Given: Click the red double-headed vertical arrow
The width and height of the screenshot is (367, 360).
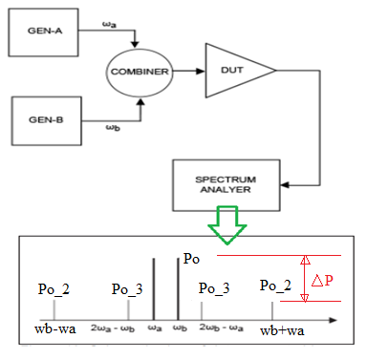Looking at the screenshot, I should pyautogui.click(x=305, y=279).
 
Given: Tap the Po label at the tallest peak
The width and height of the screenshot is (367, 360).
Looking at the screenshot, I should pyautogui.click(x=192, y=259).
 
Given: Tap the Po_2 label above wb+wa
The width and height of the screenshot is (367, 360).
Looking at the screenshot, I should pyautogui.click(x=278, y=286).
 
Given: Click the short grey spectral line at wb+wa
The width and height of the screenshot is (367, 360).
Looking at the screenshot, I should pyautogui.click(x=273, y=311).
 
